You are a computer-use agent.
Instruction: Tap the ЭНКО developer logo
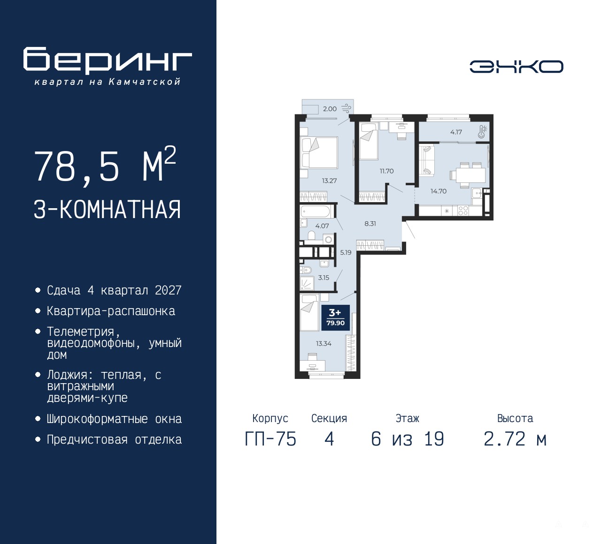516,67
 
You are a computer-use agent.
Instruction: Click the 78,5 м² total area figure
105,165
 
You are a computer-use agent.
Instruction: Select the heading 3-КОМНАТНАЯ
107,210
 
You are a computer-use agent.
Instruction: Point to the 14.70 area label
439,191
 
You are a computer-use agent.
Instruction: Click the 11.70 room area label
386,171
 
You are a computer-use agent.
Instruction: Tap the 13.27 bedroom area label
329,181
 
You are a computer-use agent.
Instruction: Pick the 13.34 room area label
324,343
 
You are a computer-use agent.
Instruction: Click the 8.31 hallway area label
370,224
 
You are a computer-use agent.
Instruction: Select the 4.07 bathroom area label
322,226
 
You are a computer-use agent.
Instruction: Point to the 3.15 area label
324,278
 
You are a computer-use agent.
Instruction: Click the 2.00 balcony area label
330,109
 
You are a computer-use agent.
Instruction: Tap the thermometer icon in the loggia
482,132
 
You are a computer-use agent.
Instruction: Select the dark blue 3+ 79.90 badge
336,317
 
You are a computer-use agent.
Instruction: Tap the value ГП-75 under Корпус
270,439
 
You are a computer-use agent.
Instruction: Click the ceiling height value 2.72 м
515,439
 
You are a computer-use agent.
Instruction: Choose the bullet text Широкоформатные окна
114,419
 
